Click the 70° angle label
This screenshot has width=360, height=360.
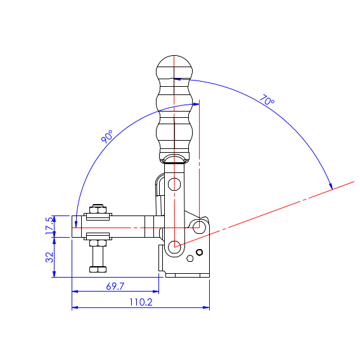[267, 100]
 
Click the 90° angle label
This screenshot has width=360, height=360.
[107, 136]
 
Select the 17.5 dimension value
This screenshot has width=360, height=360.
[49, 226]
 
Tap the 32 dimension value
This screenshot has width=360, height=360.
[49, 257]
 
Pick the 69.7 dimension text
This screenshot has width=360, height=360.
[115, 286]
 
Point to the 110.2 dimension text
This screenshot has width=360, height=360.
[141, 302]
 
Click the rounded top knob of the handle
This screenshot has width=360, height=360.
[174, 67]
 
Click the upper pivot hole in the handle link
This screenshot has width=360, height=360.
[174, 184]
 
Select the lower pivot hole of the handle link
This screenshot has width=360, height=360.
[174, 247]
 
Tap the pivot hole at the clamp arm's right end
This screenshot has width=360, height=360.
[199, 227]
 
